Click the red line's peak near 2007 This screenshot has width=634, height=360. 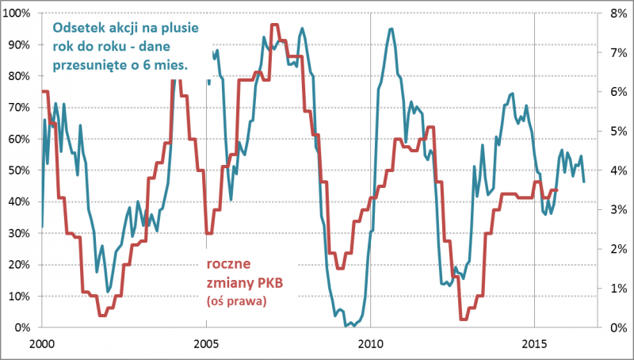pyautogui.click(x=274, y=25)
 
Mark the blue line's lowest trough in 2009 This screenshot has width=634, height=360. pyautogui.click(x=346, y=325)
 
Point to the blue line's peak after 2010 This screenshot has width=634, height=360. pyautogui.click(x=391, y=29)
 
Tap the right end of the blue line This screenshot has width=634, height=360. pyautogui.click(x=584, y=182)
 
